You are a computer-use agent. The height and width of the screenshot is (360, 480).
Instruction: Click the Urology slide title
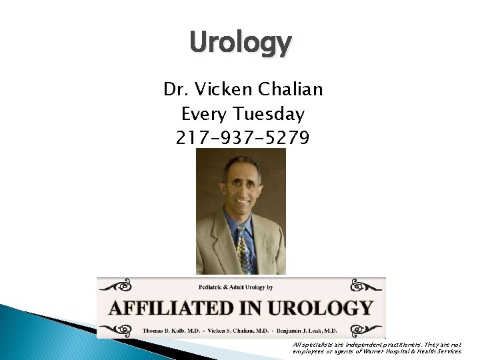click(240, 43)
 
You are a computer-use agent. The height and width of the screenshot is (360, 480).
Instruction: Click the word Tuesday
click(274, 114)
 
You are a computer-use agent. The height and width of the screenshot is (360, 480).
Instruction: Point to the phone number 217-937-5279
click(243, 138)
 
